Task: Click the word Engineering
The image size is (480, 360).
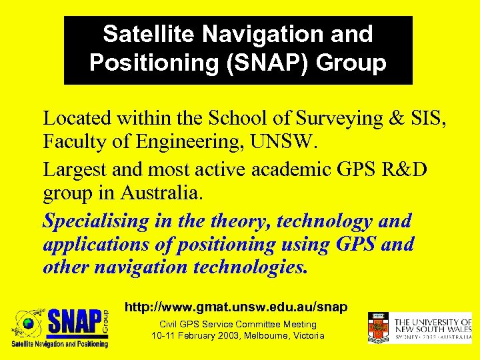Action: [x=190, y=141]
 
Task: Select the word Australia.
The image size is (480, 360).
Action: [x=165, y=193]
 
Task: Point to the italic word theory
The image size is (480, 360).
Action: [x=239, y=221]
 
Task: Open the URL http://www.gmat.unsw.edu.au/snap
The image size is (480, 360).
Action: [x=237, y=307]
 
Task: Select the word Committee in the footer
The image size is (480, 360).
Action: [x=253, y=325]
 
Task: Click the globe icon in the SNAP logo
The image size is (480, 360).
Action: [x=29, y=323]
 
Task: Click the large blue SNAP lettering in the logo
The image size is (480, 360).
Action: [x=74, y=323]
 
